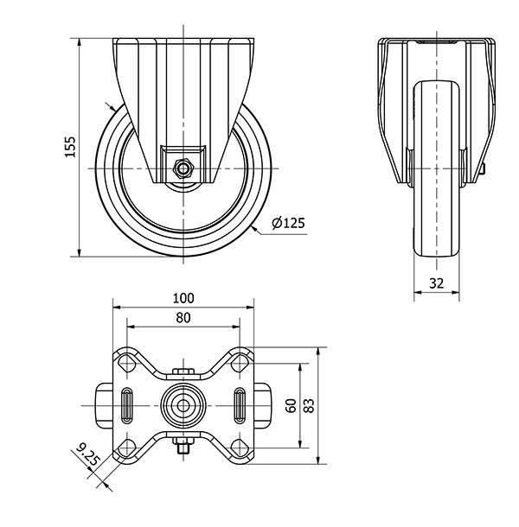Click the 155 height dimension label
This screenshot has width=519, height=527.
tap(71, 147)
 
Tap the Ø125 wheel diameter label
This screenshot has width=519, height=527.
tap(288, 223)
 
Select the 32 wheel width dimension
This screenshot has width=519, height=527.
tap(437, 283)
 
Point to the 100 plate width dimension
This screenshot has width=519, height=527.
tap(183, 298)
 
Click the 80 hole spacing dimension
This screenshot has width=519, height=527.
tap(183, 318)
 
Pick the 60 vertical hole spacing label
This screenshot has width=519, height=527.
tap(292, 406)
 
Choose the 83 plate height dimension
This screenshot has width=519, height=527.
tap(309, 405)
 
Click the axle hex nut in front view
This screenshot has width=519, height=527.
tap(183, 168)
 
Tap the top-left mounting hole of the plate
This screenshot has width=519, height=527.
tap(126, 364)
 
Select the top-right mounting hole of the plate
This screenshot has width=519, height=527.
tap(240, 364)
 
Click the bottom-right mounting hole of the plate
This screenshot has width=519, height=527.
tap(240, 448)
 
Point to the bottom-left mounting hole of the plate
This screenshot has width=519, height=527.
tap(126, 448)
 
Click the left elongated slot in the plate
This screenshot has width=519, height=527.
tap(127, 405)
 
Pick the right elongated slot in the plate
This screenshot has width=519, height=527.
tap(240, 405)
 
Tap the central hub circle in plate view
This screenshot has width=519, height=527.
tap(183, 406)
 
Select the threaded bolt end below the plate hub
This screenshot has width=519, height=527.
tap(183, 448)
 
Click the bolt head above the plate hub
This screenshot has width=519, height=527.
tap(183, 371)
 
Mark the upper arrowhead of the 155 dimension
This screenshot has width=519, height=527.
tap(80, 43)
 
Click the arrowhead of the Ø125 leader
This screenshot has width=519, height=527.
tap(254, 229)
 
